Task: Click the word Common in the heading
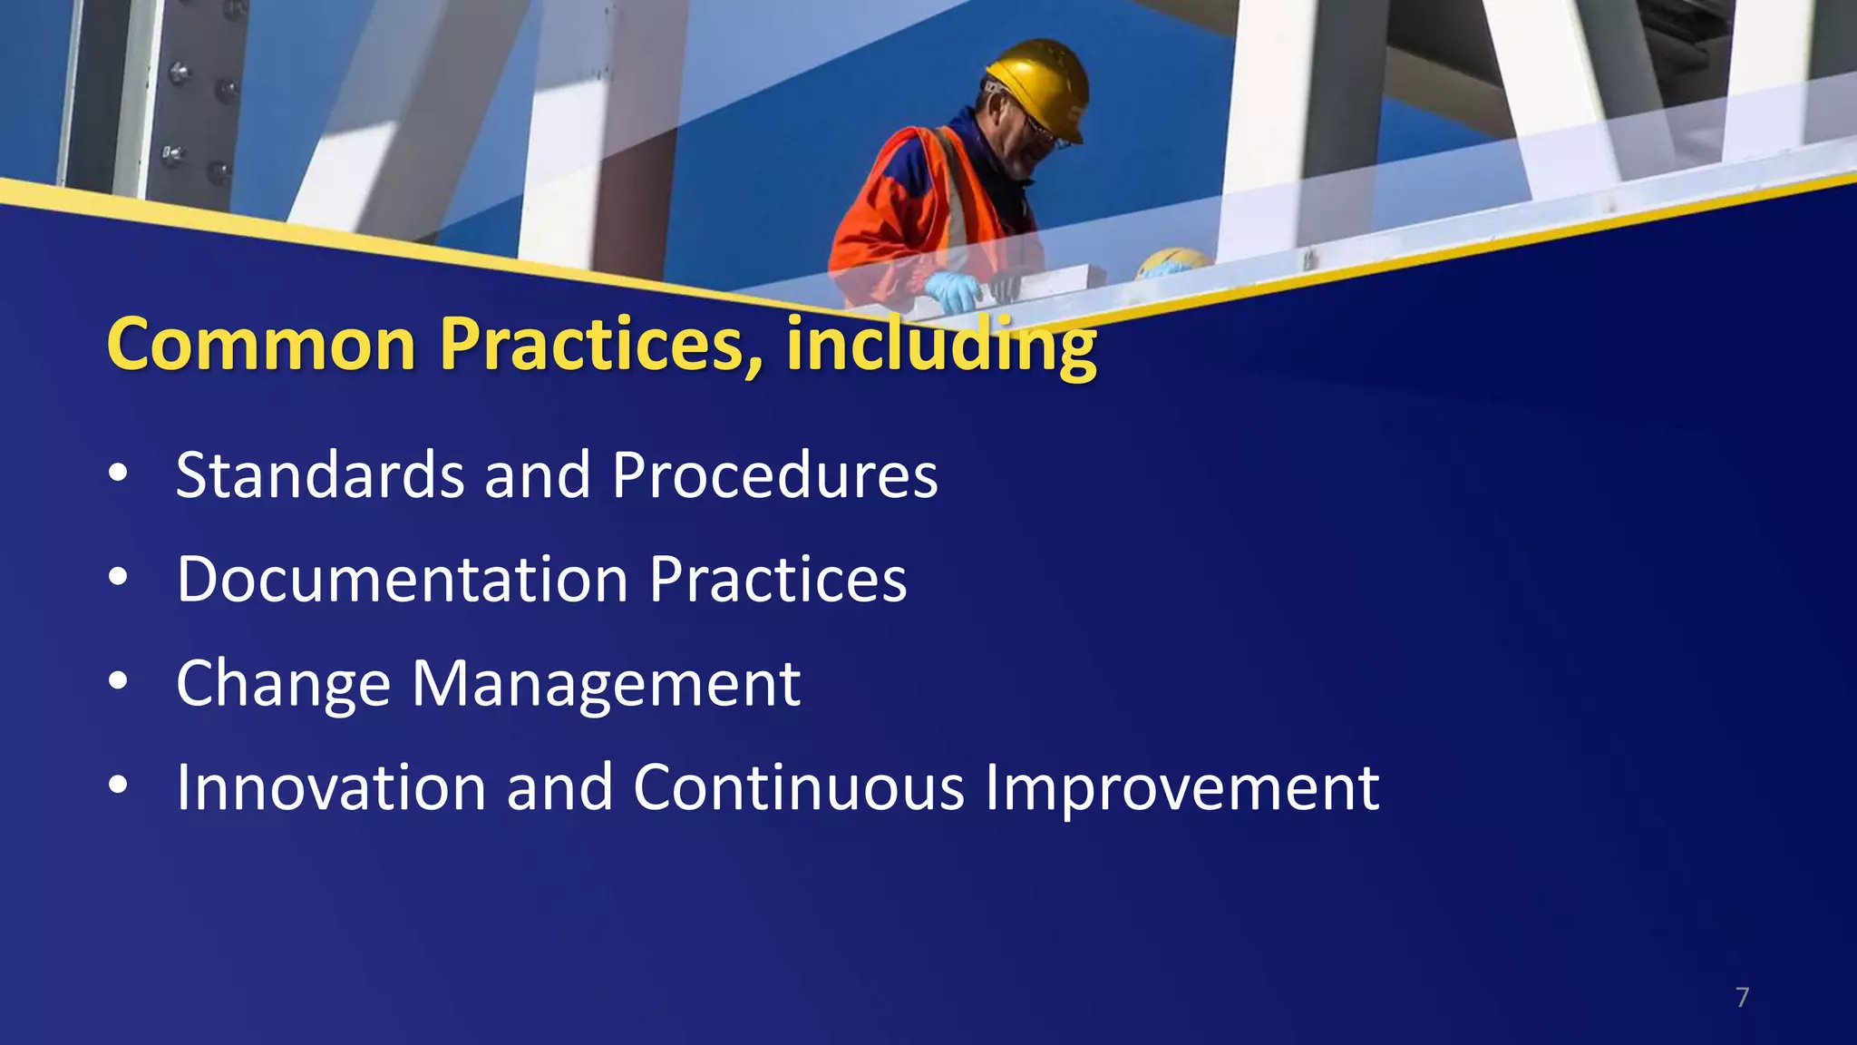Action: pos(261,345)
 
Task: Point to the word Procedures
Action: pos(774,475)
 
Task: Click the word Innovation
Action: pos(331,787)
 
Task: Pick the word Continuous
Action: pos(798,787)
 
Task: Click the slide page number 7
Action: pos(1742,998)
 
